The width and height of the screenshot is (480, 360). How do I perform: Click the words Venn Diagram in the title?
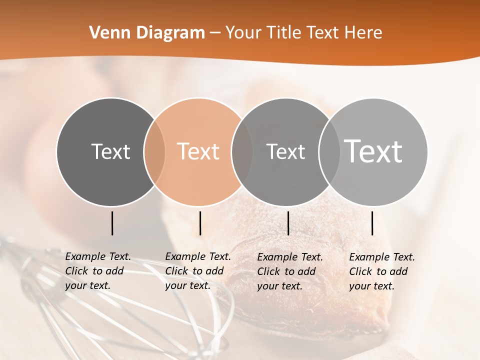pos(147,33)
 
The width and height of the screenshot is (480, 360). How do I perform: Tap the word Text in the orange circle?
pos(198,151)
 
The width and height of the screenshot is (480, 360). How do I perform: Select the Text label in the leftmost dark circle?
pos(110,151)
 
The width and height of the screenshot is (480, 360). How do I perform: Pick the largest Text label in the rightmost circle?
pos(373,151)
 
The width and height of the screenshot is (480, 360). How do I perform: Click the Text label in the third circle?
pos(285,151)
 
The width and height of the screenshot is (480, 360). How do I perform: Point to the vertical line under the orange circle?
pos(200,223)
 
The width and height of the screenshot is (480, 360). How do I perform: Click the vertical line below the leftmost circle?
pos(112,223)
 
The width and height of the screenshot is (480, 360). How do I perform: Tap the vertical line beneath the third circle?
pos(288,223)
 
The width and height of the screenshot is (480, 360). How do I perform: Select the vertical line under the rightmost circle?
pos(372,223)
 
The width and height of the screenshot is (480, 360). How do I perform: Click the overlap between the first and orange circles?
pos(154,152)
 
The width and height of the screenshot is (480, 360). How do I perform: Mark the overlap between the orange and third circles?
pos(242,152)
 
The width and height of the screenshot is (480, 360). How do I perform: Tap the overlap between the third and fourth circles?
pos(329,152)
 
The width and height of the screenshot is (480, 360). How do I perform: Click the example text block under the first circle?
pos(98,271)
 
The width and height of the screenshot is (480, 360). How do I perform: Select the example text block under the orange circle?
pos(198,271)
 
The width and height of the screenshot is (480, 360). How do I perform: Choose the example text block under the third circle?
pos(290,271)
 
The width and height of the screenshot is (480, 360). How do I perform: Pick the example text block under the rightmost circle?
pos(382,271)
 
